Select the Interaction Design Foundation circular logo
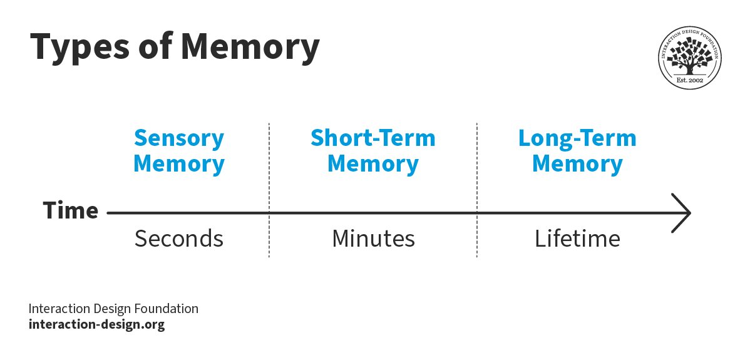[689, 58]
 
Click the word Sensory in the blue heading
[179, 138]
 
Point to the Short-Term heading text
[373, 138]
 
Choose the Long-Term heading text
[577, 138]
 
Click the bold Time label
[70, 210]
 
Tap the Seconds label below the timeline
[179, 238]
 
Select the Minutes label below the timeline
[373, 238]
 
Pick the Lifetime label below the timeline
[577, 238]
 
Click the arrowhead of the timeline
[687, 213]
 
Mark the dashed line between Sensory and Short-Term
[269, 190]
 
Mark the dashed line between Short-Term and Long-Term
[477, 190]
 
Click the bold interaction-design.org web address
[96, 324]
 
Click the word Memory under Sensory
[179, 163]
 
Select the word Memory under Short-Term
[373, 163]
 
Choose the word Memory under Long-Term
[577, 163]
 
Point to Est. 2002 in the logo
[690, 80]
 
